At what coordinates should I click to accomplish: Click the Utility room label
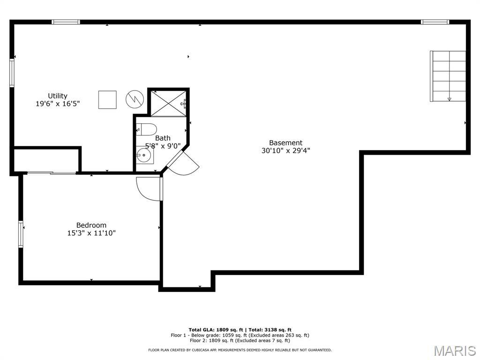click(x=58, y=96)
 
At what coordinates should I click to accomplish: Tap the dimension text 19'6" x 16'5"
click(x=58, y=104)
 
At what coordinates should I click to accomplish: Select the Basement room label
click(x=285, y=143)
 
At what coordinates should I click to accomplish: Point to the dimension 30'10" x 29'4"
click(x=285, y=151)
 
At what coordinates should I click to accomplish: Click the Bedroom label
click(x=91, y=225)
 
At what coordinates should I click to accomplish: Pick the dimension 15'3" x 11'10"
click(x=91, y=233)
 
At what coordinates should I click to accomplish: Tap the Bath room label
click(x=163, y=138)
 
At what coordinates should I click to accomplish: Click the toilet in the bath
click(x=145, y=129)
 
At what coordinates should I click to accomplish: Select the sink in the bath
click(x=144, y=155)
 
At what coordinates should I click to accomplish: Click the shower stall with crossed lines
click(x=168, y=103)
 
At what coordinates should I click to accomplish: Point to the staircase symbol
click(x=448, y=76)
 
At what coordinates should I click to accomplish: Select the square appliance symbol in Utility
click(x=107, y=99)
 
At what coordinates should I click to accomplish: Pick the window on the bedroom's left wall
click(x=21, y=234)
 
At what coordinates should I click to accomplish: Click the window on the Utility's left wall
click(x=12, y=73)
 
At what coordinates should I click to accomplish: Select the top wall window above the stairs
click(x=435, y=22)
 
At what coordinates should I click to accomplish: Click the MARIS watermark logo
click(x=454, y=351)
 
